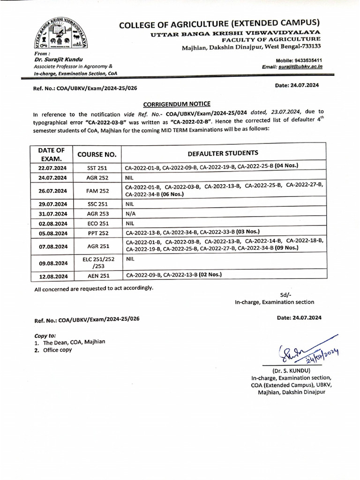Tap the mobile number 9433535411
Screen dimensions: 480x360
[304, 61]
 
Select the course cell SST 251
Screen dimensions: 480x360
[97, 167]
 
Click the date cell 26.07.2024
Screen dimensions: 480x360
[50, 191]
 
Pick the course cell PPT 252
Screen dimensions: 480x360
[97, 233]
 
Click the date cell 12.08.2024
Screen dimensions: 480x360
[50, 277]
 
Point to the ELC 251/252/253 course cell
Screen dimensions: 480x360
[97, 262]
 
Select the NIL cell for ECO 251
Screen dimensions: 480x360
[130, 224]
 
